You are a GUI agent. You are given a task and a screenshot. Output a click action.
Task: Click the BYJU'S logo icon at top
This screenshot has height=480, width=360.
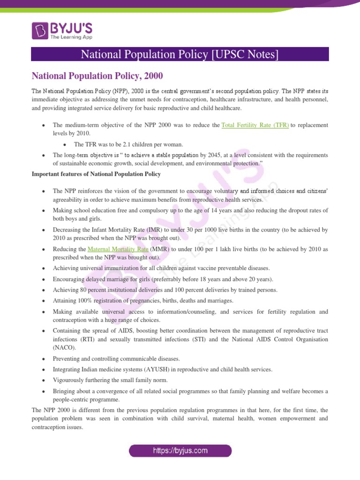click(x=40, y=30)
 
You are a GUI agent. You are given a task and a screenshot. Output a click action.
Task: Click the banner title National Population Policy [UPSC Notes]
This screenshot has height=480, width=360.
click(x=180, y=54)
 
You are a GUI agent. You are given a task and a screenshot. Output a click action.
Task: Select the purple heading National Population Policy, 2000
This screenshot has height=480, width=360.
click(x=97, y=75)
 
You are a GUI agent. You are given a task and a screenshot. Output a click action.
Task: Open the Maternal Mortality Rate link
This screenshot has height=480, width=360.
click(x=120, y=249)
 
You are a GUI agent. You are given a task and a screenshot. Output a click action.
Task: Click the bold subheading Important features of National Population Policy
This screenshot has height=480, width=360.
click(x=96, y=174)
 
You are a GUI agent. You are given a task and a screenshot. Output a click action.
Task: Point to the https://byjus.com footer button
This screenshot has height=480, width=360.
click(x=180, y=451)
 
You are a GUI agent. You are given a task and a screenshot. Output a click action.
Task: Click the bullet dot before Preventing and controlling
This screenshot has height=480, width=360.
click(x=43, y=359)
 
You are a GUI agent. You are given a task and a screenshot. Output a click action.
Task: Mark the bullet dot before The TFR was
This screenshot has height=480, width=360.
click(x=64, y=145)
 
